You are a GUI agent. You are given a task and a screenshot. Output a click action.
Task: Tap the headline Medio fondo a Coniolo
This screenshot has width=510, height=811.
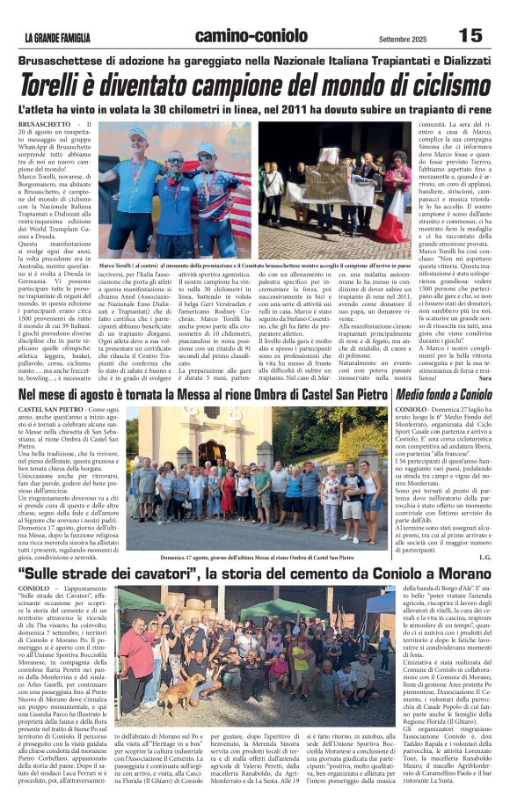point(443,395)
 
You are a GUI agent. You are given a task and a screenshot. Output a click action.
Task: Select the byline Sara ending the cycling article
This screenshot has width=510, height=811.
point(485,377)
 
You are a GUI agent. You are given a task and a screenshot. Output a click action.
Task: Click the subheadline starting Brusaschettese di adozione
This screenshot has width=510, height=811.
point(254,60)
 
